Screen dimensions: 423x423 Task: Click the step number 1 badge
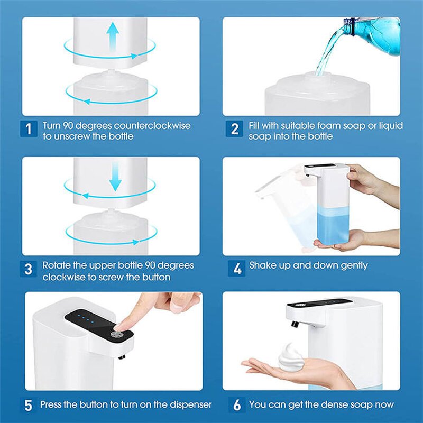click(x=29, y=128)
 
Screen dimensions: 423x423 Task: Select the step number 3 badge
click(x=29, y=268)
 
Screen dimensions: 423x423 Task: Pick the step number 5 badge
click(x=29, y=406)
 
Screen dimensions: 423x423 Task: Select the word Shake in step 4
click(x=263, y=265)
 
